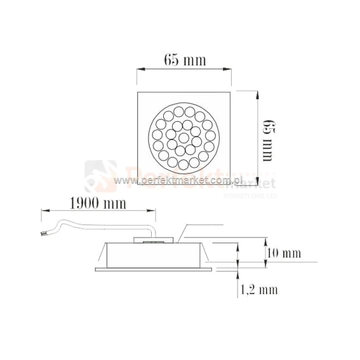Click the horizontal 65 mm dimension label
[185, 60]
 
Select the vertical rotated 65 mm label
[267, 139]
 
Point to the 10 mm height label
[283, 253]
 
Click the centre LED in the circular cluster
[183, 138]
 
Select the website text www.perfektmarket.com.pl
[180, 181]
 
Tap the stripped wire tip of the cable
[43, 234]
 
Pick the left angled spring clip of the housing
[102, 254]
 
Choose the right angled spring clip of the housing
[207, 254]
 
